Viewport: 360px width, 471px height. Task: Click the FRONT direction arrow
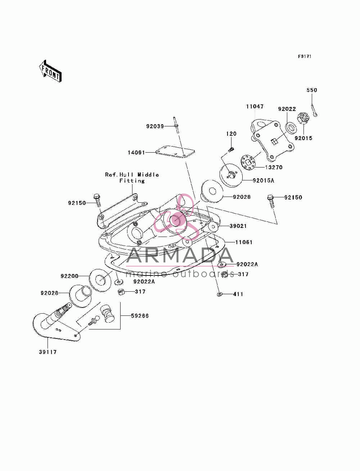point(50,71)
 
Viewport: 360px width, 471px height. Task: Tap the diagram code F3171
point(305,56)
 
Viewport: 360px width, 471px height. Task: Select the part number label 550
point(311,90)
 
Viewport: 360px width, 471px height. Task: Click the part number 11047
point(255,107)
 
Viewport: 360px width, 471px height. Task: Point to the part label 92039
point(155,126)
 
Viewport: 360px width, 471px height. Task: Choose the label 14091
point(136,153)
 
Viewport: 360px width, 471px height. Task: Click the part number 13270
point(274,167)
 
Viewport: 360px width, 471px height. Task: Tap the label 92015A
point(263,180)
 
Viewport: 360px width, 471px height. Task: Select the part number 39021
point(238,226)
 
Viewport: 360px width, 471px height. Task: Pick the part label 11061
point(244,242)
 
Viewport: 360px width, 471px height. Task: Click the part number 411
point(238,294)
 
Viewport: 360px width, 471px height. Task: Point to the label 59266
point(140,316)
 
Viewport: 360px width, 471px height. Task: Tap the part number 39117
point(48,352)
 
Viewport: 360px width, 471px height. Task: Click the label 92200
point(69,276)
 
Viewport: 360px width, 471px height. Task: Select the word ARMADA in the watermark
point(180,255)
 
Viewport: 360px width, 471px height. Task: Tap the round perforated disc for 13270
point(248,163)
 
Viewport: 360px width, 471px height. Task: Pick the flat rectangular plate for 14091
point(175,152)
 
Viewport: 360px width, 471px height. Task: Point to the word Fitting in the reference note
point(132,181)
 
